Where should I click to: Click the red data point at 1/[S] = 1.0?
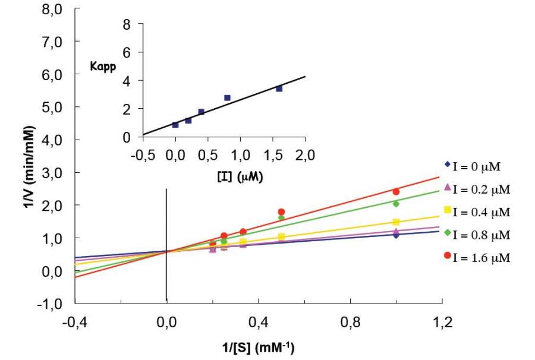(x=396, y=191)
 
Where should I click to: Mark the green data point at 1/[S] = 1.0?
(x=396, y=204)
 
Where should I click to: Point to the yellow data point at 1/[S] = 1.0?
(x=396, y=222)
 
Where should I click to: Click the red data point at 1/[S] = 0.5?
(x=281, y=212)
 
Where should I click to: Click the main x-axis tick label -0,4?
(x=75, y=323)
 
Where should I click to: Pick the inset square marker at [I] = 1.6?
(x=279, y=89)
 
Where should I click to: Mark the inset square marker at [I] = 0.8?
(x=227, y=97)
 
